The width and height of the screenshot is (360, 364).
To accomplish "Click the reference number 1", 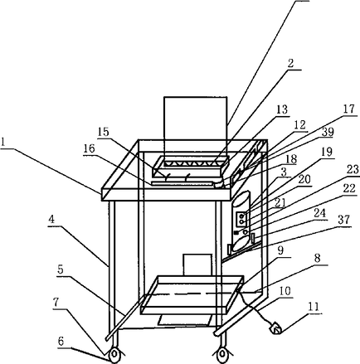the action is (3, 143).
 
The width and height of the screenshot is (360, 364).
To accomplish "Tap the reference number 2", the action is (290, 63).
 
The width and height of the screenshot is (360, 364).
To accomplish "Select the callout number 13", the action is (282, 109).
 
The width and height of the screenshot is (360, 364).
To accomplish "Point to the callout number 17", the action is (349, 109).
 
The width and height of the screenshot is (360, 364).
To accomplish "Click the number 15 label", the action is (104, 132).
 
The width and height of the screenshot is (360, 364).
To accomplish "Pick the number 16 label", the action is (89, 149).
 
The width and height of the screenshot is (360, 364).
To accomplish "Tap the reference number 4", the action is (51, 221).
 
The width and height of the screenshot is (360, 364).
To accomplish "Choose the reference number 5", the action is (61, 270).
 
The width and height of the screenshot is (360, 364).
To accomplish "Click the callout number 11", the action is (314, 307).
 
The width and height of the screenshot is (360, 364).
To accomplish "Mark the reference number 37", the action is (344, 221).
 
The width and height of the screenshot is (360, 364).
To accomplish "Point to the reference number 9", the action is (280, 250).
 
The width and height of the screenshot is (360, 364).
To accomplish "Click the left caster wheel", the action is (114, 355).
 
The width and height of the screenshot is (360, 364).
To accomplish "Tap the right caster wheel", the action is (221, 355).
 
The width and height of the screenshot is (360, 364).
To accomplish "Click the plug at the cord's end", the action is (275, 329).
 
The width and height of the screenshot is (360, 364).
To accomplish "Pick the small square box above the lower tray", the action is (197, 265).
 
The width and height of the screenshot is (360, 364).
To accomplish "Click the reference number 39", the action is (328, 132).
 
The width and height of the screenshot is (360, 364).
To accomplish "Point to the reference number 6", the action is (61, 342).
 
